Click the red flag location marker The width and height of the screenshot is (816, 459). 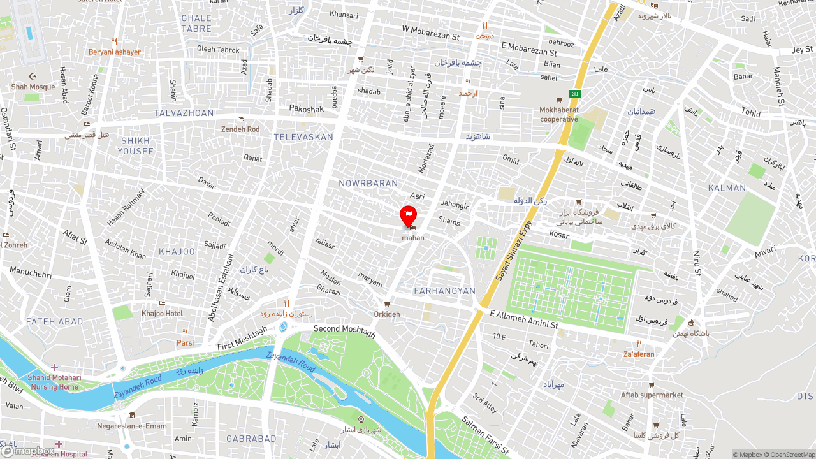coord(408,216)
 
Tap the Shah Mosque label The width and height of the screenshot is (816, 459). coord(33,87)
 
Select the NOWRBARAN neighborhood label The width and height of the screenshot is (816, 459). coord(368,184)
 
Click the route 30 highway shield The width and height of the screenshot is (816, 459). coord(575,94)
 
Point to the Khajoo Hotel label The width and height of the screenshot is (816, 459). coord(162,313)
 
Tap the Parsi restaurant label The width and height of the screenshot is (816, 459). coord(185,342)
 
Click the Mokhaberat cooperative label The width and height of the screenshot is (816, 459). coord(559,114)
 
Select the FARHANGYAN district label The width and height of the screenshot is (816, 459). coord(445,291)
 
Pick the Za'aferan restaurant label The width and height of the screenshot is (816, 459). coord(639,354)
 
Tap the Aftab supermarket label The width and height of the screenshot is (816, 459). coord(652,395)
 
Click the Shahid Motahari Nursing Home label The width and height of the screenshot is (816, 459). coord(55,382)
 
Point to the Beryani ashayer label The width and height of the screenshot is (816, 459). coord(115,52)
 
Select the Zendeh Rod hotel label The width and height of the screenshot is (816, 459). coord(240,129)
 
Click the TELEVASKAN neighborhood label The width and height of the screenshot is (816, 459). coord(303,137)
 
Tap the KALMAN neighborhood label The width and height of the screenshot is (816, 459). coord(727,188)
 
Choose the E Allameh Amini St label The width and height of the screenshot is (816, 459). coord(524,319)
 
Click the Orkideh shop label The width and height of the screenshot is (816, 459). coord(387,314)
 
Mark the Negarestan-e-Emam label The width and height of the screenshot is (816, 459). coord(132,426)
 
